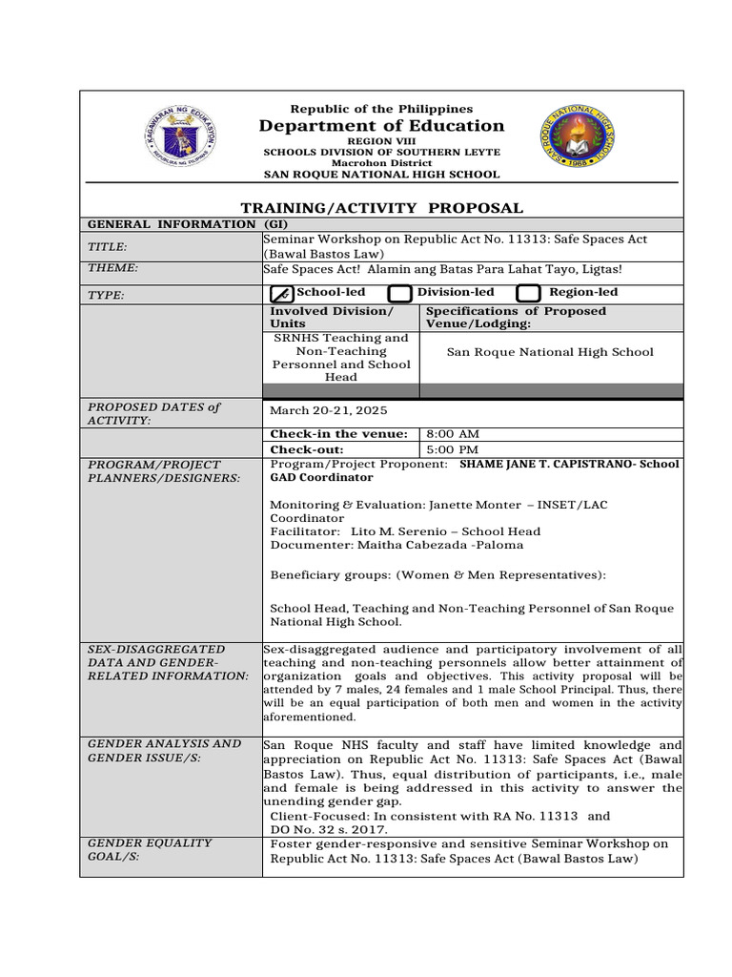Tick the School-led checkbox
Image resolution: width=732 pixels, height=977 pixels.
click(x=281, y=294)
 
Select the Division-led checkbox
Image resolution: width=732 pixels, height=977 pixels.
click(x=400, y=294)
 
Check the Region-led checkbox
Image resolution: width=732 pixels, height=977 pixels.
click(x=529, y=294)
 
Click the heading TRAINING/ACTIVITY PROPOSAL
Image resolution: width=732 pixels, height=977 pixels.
click(x=380, y=207)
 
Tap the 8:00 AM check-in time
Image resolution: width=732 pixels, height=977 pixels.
click(x=452, y=434)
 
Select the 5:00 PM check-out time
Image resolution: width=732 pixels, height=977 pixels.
click(x=452, y=449)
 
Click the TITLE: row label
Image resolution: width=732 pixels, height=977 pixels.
click(x=107, y=247)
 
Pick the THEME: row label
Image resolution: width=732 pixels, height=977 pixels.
click(x=112, y=269)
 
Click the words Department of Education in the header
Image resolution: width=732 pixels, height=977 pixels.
click(x=380, y=126)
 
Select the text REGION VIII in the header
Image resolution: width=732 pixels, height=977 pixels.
click(x=380, y=141)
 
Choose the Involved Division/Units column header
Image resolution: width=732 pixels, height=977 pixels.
click(x=330, y=318)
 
